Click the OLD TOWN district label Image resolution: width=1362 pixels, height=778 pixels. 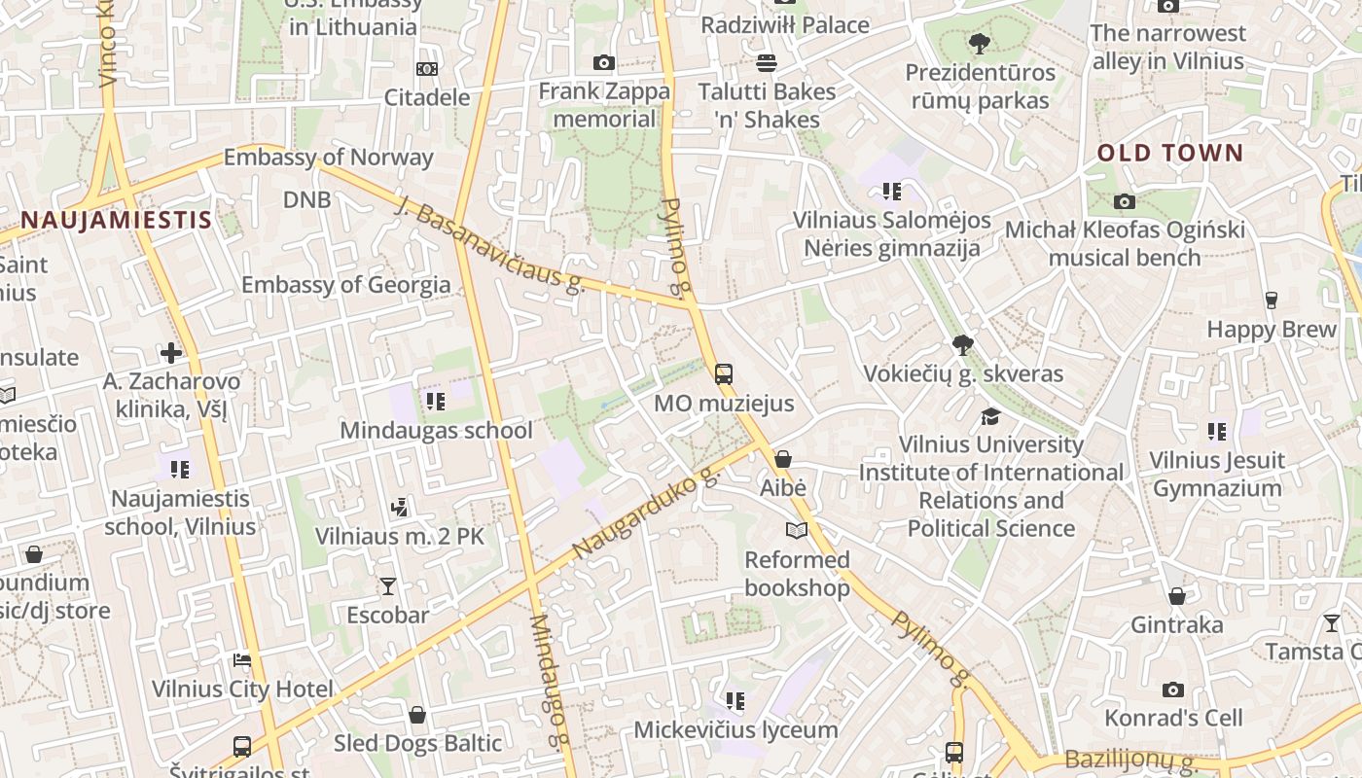1170,153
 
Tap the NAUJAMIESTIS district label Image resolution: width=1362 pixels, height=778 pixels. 116,220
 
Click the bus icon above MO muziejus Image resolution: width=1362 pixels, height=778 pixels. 723,373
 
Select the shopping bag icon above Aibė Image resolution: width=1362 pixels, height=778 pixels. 783,459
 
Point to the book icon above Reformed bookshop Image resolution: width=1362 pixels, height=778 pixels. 797,530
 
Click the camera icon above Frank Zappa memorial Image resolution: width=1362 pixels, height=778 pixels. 604,63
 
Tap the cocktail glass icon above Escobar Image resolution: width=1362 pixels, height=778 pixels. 388,585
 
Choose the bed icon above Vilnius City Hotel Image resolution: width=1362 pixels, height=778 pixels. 242,660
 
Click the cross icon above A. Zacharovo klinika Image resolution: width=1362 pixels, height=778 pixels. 172,352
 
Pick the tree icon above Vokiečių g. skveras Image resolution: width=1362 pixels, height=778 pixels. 963,344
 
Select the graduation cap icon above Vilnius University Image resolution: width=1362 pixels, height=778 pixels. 990,416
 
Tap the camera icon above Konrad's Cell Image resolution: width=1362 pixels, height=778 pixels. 1173,690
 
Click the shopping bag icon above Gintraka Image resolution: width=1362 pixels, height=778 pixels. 1176,595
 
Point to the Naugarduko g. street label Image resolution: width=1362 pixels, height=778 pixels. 646,512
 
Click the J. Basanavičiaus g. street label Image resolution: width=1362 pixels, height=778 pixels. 491,242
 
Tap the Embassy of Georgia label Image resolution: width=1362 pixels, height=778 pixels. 345,285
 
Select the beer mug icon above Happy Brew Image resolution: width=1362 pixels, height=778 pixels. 1271,300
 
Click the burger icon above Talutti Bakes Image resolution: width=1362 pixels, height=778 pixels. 767,63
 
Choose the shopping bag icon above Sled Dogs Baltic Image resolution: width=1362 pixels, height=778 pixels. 417,715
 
